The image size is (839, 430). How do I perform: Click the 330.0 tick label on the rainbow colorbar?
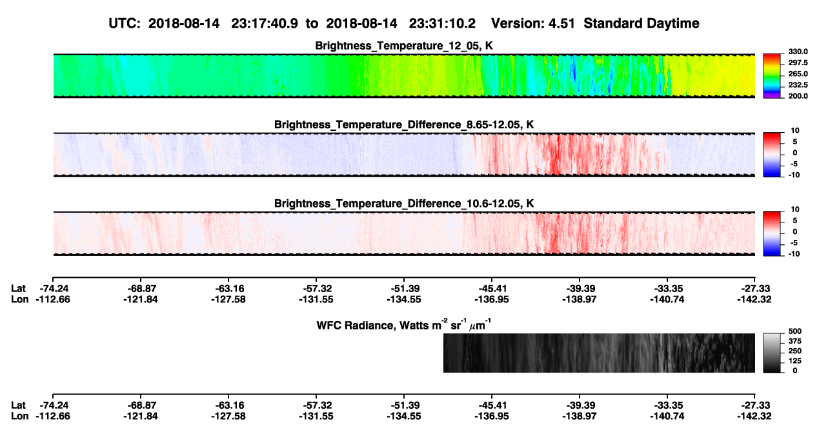click(x=798, y=52)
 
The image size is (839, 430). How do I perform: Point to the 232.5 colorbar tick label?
click(x=798, y=85)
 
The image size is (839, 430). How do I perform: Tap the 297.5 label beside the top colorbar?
click(x=798, y=63)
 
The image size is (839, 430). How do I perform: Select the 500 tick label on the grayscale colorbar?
click(x=795, y=331)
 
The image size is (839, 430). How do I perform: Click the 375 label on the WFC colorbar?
click(x=795, y=341)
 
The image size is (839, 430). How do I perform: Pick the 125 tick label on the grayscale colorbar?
click(x=795, y=361)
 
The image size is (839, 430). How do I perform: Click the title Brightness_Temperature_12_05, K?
click(x=404, y=46)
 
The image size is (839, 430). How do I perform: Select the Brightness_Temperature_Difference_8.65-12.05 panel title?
click(x=404, y=124)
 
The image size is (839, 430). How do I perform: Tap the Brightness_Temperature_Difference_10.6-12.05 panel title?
click(x=404, y=204)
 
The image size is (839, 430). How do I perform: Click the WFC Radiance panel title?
click(x=404, y=325)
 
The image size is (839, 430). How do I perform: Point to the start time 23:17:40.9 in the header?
click(x=265, y=24)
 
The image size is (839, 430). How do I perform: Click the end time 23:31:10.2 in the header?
click(x=442, y=24)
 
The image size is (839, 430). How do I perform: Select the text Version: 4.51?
click(x=533, y=24)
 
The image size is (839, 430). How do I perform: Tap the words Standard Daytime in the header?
click(x=642, y=24)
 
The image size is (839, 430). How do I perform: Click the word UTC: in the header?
click(x=125, y=24)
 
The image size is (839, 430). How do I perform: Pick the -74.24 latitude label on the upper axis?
click(x=53, y=289)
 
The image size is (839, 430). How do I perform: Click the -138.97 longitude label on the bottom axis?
click(x=580, y=416)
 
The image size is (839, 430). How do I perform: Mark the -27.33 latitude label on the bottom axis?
click(x=754, y=406)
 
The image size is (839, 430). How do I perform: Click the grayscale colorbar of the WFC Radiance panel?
click(x=772, y=353)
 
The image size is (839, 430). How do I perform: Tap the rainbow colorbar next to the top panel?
click(x=772, y=76)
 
